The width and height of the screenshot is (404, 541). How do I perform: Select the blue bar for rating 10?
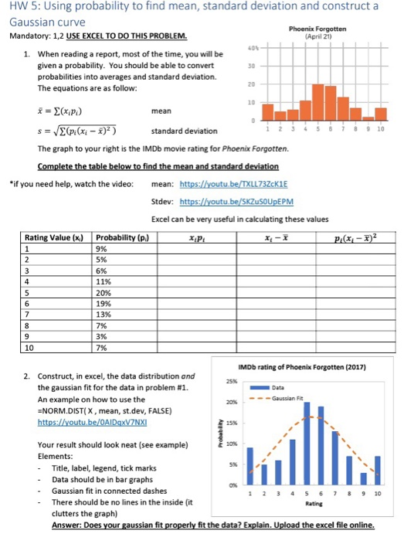coord(377,472)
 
